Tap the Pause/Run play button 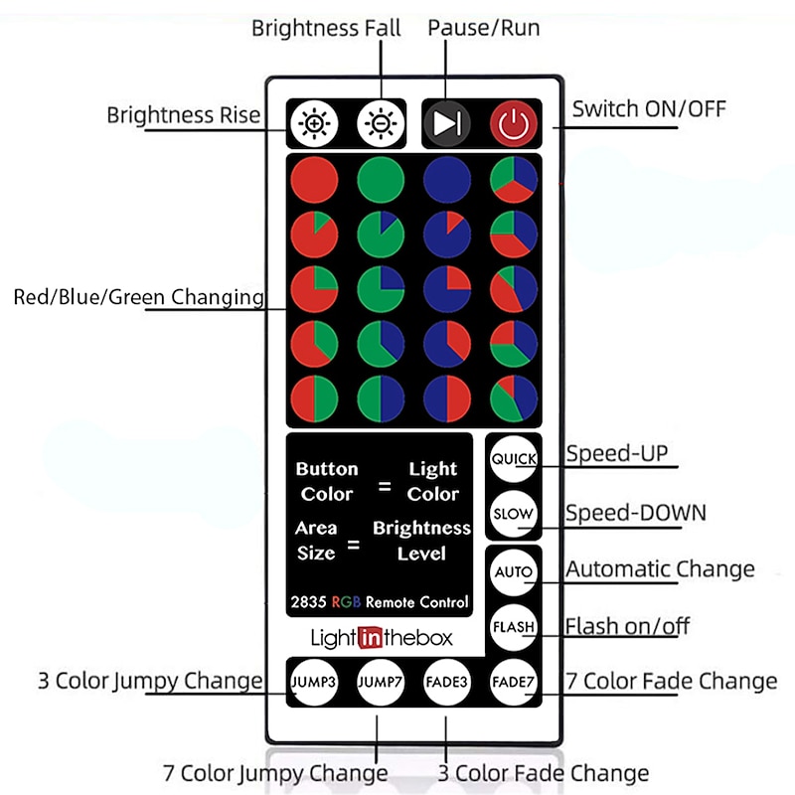click(x=446, y=124)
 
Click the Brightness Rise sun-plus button click(x=315, y=124)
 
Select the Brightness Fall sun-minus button click(x=380, y=124)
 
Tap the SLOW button click(x=514, y=515)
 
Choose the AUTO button click(x=514, y=572)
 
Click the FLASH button click(x=514, y=627)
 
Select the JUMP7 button click(x=381, y=682)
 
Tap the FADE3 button click(x=446, y=682)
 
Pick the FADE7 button click(x=514, y=682)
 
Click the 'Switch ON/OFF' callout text click(x=648, y=108)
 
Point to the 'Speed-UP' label click(x=616, y=454)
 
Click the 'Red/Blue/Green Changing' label click(x=139, y=296)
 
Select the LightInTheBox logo click(x=382, y=637)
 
